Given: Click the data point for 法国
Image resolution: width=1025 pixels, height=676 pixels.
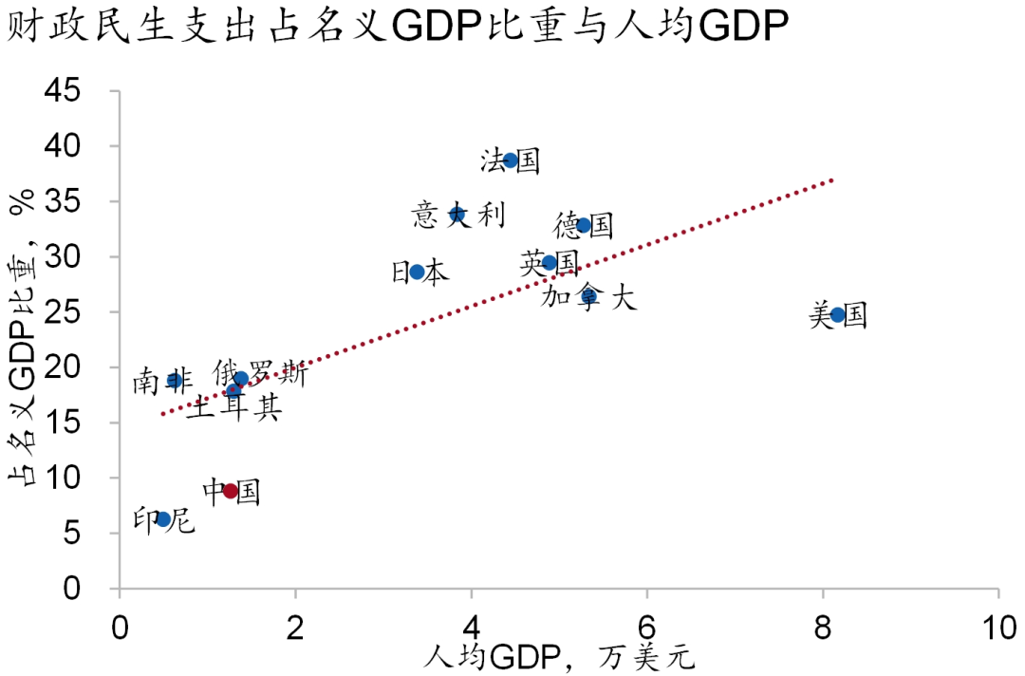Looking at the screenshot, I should click(511, 160).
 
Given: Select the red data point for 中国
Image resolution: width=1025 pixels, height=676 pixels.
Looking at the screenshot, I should click(230, 491).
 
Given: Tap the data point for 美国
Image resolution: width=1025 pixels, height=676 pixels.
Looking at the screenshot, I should click(837, 315).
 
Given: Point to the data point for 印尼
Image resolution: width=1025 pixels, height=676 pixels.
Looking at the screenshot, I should click(163, 519).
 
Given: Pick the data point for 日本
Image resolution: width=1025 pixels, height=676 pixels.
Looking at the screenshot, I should click(417, 272).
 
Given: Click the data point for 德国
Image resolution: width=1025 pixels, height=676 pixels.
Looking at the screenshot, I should click(583, 226).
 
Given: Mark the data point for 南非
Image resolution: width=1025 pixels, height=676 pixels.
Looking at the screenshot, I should click(175, 381).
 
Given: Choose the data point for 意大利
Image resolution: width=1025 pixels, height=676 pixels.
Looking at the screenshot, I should click(457, 215).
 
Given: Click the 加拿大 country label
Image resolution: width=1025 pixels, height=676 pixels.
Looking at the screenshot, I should click(588, 298).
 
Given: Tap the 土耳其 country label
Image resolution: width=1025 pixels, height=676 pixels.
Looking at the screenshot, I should click(233, 408).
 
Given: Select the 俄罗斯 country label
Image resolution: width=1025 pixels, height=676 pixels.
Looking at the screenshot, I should click(260, 373).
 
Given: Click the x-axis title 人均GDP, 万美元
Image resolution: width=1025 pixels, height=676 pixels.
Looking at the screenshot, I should click(560, 657).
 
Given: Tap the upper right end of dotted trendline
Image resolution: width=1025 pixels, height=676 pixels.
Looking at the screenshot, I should click(833, 178).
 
